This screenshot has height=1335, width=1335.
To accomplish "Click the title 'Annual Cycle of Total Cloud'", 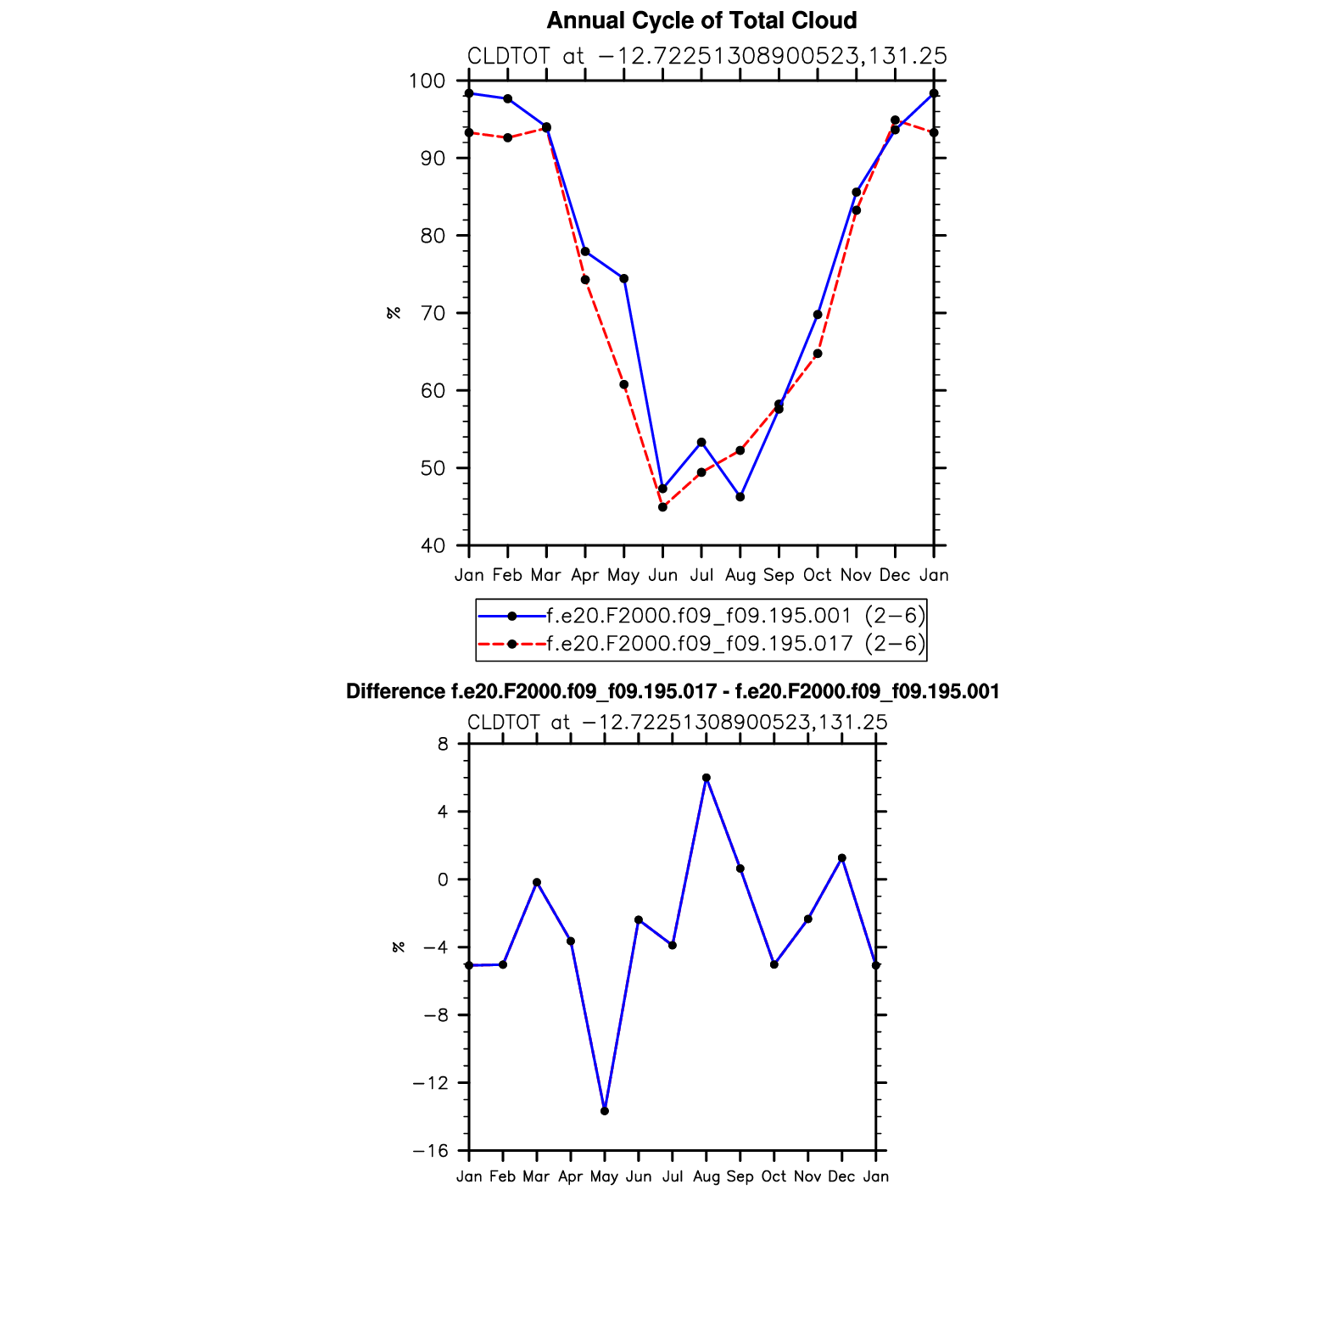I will pyautogui.click(x=701, y=20).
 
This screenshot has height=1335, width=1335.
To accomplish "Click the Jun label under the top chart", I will pyautogui.click(x=662, y=575).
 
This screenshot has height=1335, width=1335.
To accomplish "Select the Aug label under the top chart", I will pyautogui.click(x=740, y=575).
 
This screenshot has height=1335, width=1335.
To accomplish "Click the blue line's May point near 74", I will pyautogui.click(x=624, y=279).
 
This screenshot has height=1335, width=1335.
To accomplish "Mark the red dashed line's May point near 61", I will pyautogui.click(x=624, y=385).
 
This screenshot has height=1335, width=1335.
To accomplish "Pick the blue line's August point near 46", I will pyautogui.click(x=740, y=497).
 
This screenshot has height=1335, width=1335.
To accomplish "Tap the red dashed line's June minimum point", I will pyautogui.click(x=663, y=507).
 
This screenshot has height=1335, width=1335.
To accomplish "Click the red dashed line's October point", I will pyautogui.click(x=818, y=354).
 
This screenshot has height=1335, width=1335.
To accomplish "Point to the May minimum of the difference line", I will pyautogui.click(x=605, y=1111).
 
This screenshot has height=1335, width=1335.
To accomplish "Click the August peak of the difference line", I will pyautogui.click(x=707, y=778).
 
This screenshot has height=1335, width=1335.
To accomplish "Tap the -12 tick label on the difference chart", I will pyautogui.click(x=430, y=1083).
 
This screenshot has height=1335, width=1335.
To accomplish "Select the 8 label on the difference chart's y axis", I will pyautogui.click(x=443, y=745).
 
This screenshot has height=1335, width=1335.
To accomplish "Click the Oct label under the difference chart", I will pyautogui.click(x=774, y=1176).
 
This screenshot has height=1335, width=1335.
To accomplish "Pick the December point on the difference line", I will pyautogui.click(x=842, y=858).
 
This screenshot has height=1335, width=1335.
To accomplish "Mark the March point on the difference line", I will pyautogui.click(x=537, y=883).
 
